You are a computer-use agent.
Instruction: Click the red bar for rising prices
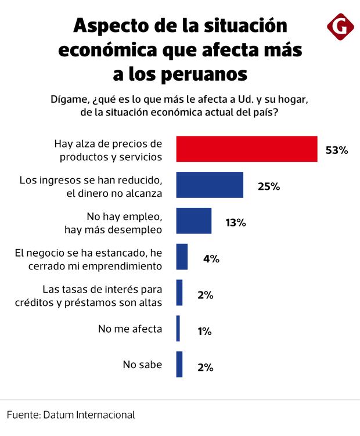click(247, 149)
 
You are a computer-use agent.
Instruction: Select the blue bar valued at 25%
click(210, 185)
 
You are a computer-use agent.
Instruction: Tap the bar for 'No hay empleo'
click(194, 221)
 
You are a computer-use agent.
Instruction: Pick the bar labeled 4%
click(182, 257)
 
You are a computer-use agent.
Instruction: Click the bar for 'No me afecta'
click(178, 329)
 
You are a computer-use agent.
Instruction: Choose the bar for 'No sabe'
click(179, 365)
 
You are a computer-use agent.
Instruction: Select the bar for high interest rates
click(179, 293)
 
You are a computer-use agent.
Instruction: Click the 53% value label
click(336, 150)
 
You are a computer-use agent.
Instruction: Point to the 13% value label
click(236, 222)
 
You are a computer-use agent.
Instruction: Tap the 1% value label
click(204, 331)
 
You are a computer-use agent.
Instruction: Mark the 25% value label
click(269, 186)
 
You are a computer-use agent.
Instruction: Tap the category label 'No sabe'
click(142, 365)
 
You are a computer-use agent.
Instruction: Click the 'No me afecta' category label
click(130, 329)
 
